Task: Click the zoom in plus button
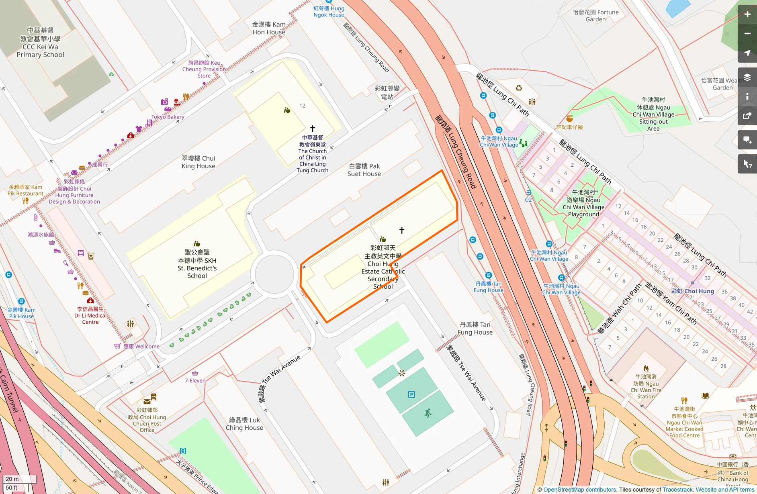coord(747,14)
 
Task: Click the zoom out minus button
coord(747,34)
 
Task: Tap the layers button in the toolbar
coord(747,77)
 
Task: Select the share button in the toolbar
coord(747,116)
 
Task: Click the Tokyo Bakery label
coord(168,117)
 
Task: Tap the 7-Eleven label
coord(195,380)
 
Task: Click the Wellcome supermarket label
coord(141,346)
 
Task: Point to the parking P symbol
coord(411,394)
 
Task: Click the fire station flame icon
coord(646,368)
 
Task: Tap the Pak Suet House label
coord(364,170)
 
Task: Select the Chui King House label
coord(198,162)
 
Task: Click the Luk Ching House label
coord(244,424)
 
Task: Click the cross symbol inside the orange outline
coord(402,230)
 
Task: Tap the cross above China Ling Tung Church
coord(313,129)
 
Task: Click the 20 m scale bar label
coord(12,479)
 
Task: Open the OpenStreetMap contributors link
coord(579,490)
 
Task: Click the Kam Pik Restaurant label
coord(25,190)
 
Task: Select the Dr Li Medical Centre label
coord(90,315)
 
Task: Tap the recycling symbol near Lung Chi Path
coord(519,88)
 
